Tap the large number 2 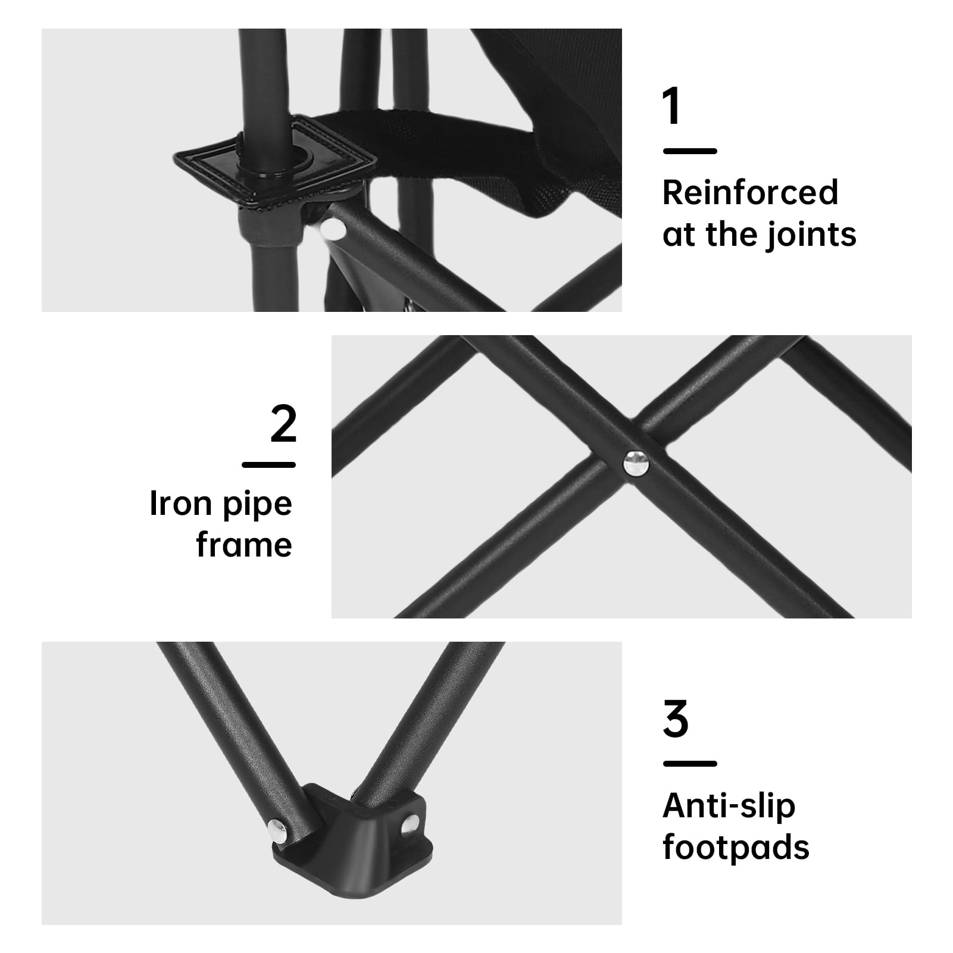(x=283, y=424)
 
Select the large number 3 (x=676, y=720)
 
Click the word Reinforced (x=750, y=192)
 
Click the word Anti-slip (x=729, y=806)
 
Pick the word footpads (x=736, y=847)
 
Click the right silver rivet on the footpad (x=408, y=824)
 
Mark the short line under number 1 (x=690, y=151)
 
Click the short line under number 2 (x=269, y=464)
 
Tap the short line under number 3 (x=690, y=764)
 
